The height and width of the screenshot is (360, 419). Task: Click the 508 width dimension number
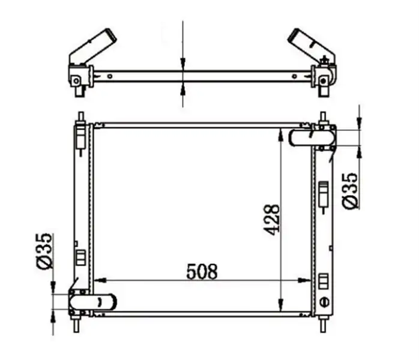[202, 272]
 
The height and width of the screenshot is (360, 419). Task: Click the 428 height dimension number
[271, 220]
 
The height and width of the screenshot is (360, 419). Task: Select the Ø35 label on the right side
[350, 191]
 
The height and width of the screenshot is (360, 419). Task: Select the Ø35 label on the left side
[44, 251]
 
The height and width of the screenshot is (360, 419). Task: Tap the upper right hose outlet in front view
[312, 137]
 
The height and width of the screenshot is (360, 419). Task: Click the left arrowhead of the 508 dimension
[100, 280]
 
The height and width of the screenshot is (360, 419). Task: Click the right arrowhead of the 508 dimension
[304, 280]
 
